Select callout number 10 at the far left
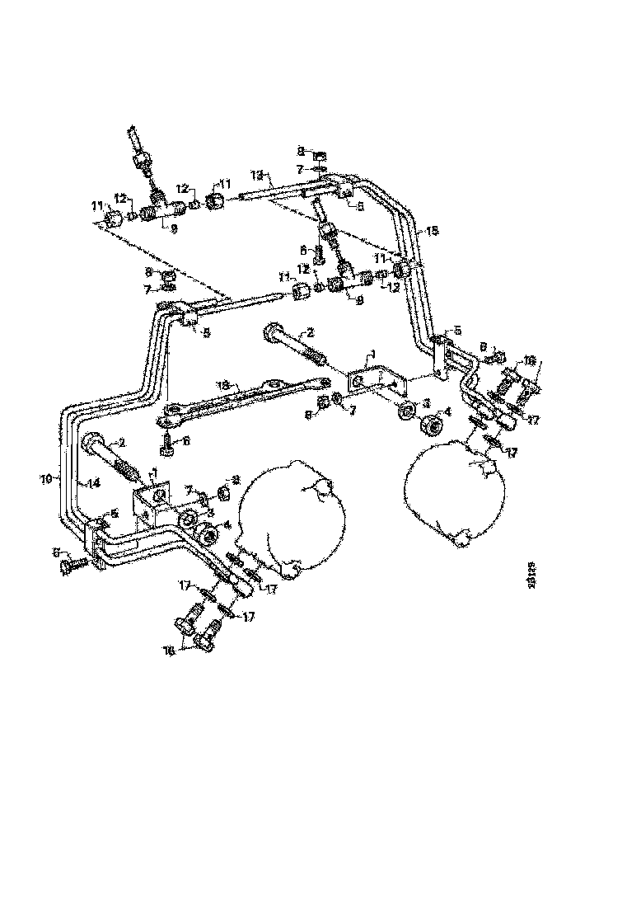pyautogui.click(x=47, y=477)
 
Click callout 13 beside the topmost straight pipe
pyautogui.click(x=256, y=176)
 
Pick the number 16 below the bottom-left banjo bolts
pyautogui.click(x=170, y=650)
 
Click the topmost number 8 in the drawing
pyautogui.click(x=301, y=152)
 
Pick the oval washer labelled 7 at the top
pyautogui.click(x=321, y=172)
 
